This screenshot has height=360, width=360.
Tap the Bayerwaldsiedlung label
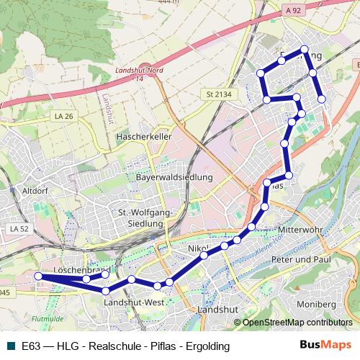point(174,177)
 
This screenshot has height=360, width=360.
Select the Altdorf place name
point(35,191)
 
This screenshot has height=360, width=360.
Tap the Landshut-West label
point(134,303)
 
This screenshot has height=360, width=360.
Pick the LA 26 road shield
point(64,115)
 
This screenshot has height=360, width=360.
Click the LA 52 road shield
point(19,228)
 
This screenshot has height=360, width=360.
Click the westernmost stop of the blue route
point(38,276)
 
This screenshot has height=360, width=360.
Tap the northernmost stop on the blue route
point(305,50)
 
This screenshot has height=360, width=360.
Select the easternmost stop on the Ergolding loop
point(322,99)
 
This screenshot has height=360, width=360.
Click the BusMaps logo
point(327,346)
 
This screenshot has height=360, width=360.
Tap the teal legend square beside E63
point(9,346)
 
